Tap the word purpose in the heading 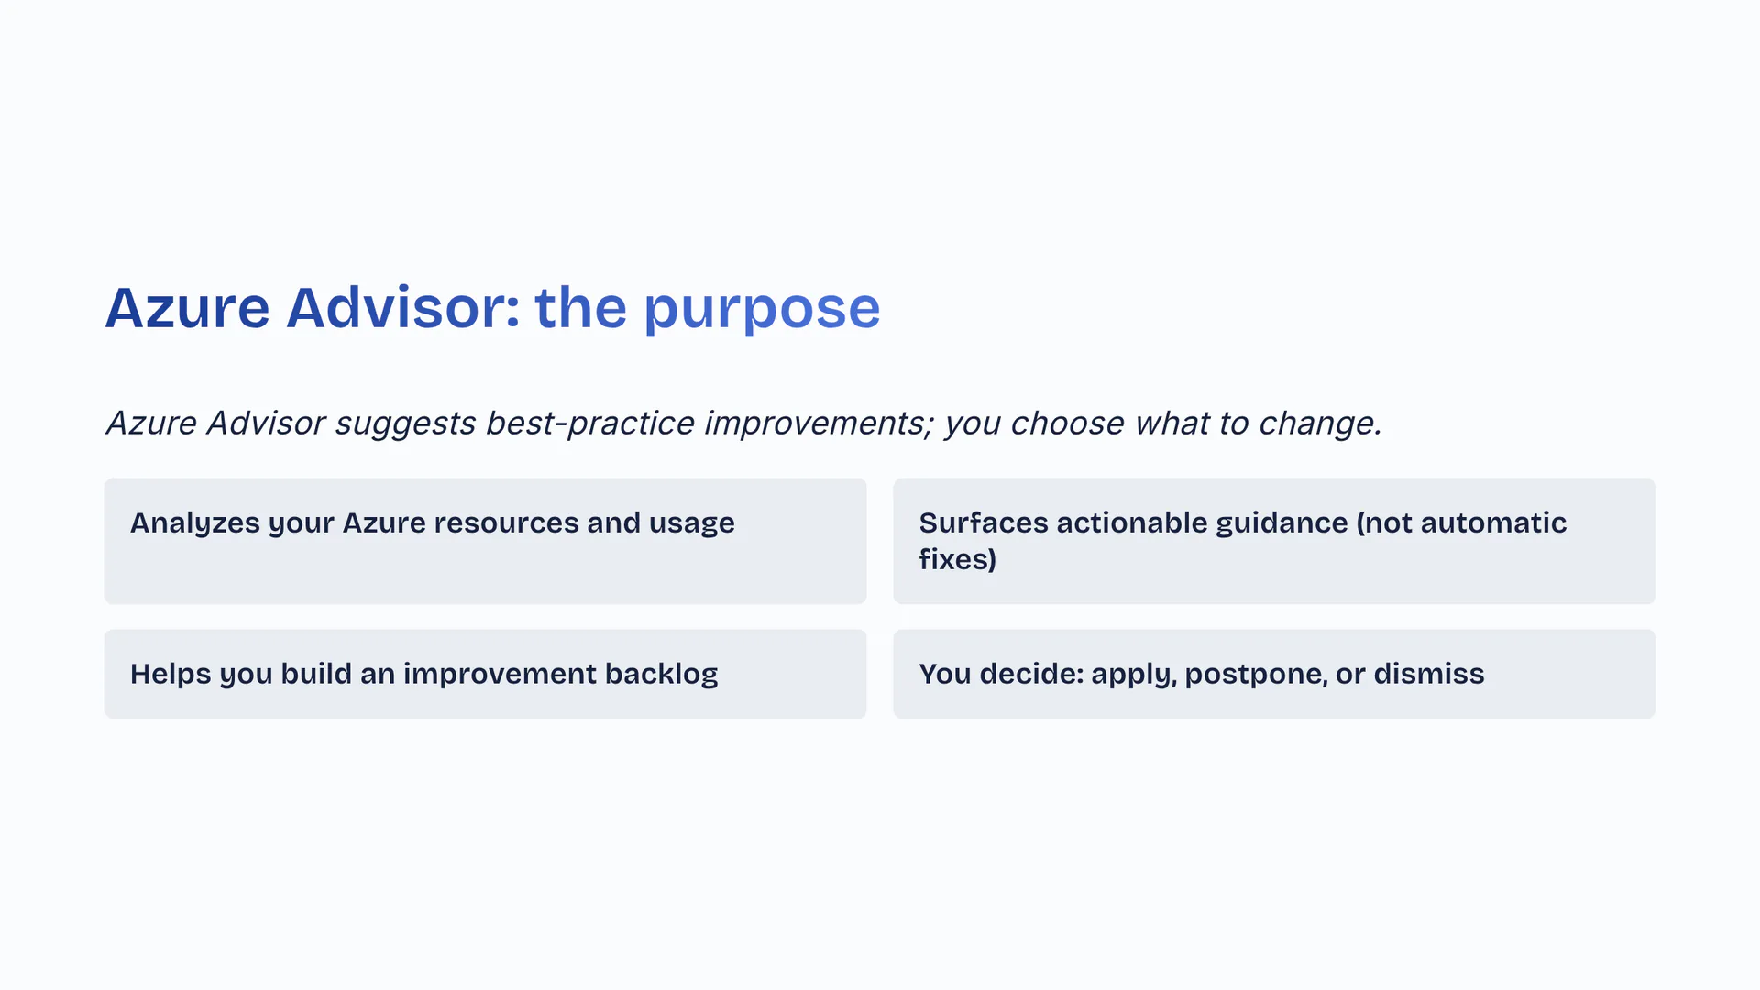pos(762,308)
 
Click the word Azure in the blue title pos(187,308)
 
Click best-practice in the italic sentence pos(589,423)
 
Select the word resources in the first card pos(506,522)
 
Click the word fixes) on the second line pos(957,559)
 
